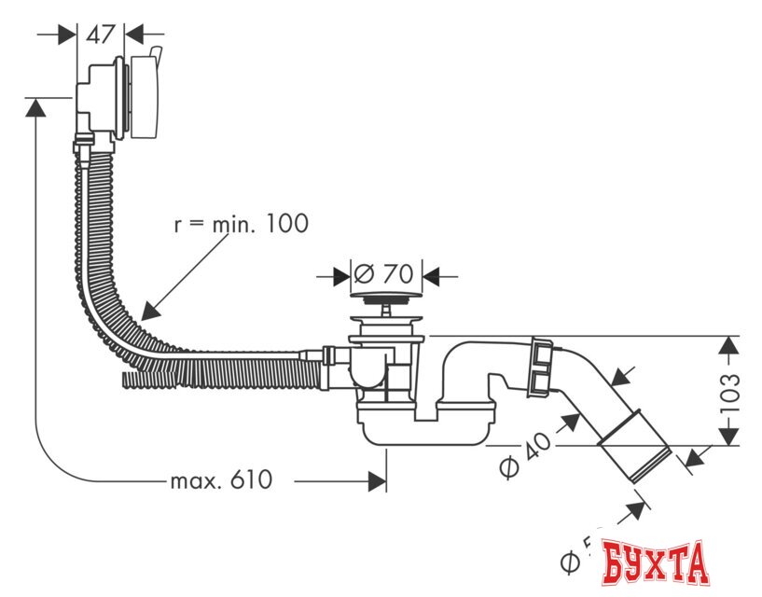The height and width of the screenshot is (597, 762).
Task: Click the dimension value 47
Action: (x=100, y=35)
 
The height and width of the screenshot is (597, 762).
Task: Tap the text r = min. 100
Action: (x=241, y=224)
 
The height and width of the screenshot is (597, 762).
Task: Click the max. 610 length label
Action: (x=221, y=480)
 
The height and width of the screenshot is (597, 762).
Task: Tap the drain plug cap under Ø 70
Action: (x=385, y=298)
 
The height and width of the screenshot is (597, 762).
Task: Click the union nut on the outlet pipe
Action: (x=541, y=366)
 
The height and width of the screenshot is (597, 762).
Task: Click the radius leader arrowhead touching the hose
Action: (x=147, y=308)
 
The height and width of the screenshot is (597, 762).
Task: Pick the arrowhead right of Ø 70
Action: (x=432, y=276)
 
